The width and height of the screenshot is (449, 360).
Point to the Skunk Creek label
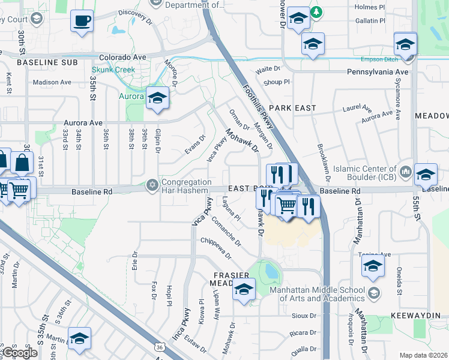[x=117, y=70]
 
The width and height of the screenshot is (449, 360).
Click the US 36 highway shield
[x=158, y=347]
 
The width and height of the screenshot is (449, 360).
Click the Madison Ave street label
[x=52, y=82]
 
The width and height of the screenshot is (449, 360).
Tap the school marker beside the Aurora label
[x=157, y=98]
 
